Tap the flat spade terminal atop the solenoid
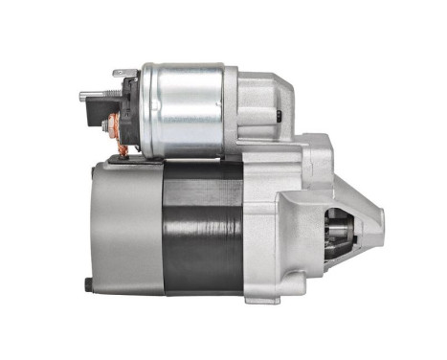[122, 73]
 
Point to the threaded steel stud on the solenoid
[92, 94]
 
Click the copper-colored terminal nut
[113, 125]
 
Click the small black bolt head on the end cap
[89, 284]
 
